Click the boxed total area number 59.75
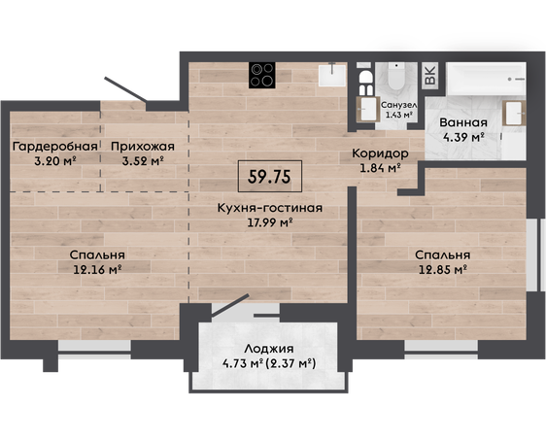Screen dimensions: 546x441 [x=269, y=177]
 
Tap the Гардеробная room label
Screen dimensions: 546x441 [x=55, y=147]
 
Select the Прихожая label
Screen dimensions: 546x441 [x=143, y=147]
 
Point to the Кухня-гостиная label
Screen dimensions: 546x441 [x=270, y=208]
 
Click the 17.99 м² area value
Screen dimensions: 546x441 [x=270, y=222]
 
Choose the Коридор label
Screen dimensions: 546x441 [x=380, y=153]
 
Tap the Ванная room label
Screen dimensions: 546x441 [x=463, y=122]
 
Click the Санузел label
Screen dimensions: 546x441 [x=399, y=105]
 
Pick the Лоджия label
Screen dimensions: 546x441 [x=269, y=349]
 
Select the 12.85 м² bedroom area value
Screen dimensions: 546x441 [x=443, y=269]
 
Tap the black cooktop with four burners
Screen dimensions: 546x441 [x=262, y=75]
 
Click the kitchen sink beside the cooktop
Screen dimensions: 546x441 [x=332, y=75]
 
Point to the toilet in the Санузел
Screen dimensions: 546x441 [x=396, y=76]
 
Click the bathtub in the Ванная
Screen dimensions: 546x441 [x=486, y=79]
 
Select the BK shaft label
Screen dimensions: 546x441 [x=430, y=75]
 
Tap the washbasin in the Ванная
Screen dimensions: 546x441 [x=514, y=113]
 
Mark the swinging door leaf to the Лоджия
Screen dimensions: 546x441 [x=230, y=305]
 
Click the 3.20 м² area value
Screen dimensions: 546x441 [x=55, y=161]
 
